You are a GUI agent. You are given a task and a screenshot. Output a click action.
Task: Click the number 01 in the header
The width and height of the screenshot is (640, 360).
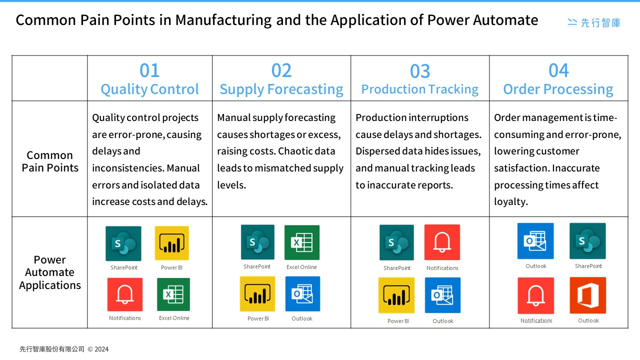coord(149,70)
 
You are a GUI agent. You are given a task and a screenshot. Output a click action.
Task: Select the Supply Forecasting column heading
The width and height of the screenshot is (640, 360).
coord(281,89)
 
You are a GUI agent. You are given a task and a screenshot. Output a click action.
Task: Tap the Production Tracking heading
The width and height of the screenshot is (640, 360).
coord(419,89)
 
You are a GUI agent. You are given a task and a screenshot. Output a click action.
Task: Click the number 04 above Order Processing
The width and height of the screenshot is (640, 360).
coord(558,70)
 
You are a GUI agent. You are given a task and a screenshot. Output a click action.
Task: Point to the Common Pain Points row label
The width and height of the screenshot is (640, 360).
coord(50,161)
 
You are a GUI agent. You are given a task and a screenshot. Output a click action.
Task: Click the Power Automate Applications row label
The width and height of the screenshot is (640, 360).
coord(50,272)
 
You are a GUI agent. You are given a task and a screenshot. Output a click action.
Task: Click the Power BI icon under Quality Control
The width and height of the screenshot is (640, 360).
coord(172,243)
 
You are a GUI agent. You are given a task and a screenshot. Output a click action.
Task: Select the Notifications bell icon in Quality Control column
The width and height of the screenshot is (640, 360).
coord(125,294)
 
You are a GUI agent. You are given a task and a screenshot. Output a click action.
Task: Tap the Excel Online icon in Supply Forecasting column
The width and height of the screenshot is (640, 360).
coord(302,242)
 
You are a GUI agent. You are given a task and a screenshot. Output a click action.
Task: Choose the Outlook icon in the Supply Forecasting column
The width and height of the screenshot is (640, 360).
coord(302,294)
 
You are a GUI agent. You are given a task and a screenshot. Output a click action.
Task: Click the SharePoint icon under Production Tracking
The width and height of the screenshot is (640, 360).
coord(396,242)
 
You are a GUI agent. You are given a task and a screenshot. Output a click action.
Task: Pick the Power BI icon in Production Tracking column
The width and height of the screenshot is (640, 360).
coord(396,295)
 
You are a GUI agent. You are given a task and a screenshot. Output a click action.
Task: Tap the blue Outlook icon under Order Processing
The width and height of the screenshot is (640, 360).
coord(535,241)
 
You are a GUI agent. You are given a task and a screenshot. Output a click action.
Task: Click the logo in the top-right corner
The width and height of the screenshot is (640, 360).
coord(594,22)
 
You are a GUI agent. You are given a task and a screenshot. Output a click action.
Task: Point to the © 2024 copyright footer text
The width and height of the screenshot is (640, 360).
coord(98,349)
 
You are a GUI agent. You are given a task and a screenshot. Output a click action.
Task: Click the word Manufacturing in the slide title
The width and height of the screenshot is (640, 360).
coord(223,20)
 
